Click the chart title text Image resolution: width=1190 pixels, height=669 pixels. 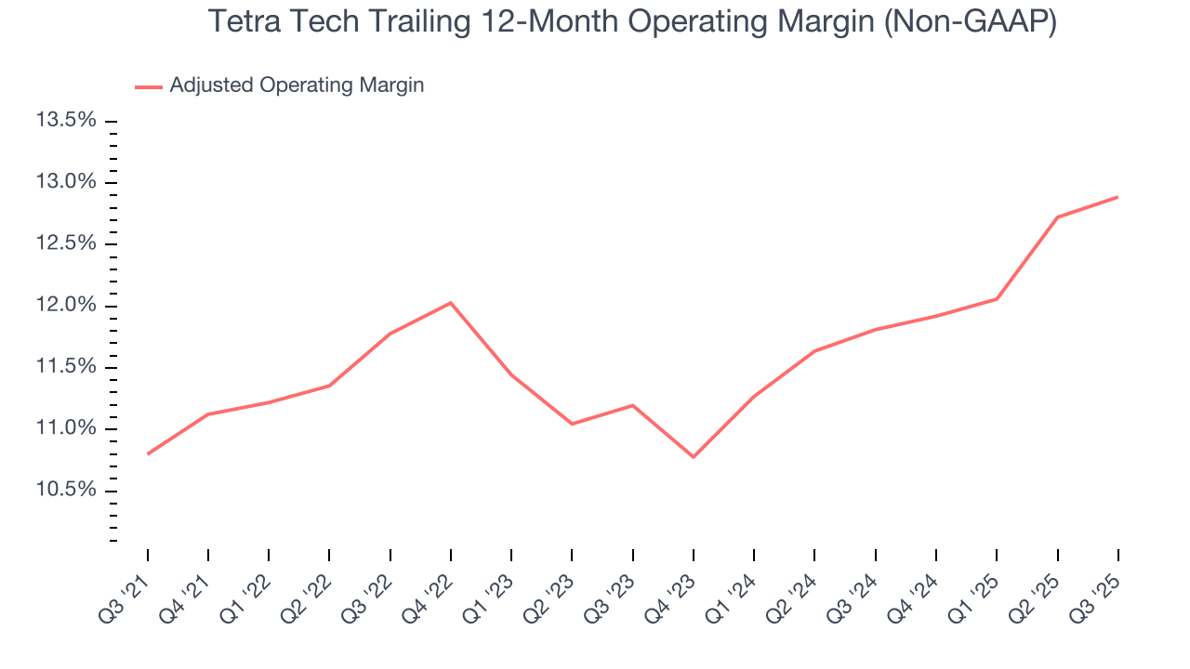(632, 22)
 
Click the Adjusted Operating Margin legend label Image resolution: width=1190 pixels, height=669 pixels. (297, 85)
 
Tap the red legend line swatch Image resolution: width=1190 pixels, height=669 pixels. (149, 86)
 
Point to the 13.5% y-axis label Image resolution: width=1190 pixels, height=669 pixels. (66, 121)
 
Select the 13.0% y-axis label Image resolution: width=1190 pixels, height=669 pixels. (66, 182)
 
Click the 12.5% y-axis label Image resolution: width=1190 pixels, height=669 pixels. (66, 243)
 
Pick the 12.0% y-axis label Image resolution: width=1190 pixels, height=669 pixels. (66, 306)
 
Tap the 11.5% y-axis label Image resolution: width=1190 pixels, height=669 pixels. (66, 367)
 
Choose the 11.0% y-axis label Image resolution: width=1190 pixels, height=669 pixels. (66, 428)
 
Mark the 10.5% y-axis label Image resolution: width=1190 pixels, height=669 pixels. (66, 491)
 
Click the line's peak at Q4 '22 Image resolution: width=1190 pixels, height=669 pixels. (451, 303)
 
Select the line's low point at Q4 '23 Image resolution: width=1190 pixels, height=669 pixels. (694, 456)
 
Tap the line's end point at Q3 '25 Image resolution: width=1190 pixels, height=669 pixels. (1117, 197)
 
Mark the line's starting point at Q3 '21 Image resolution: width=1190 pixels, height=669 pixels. (148, 453)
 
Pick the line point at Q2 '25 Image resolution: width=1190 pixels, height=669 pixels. (1057, 217)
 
